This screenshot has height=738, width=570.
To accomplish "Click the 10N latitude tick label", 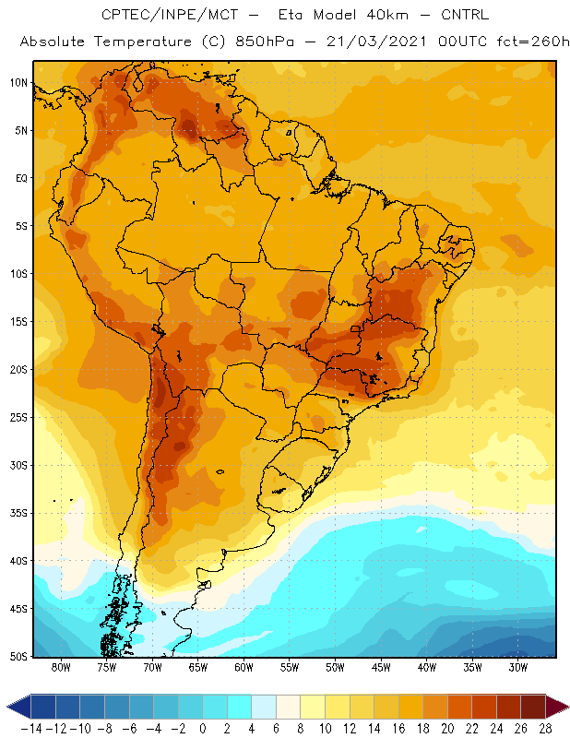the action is (x=18, y=83).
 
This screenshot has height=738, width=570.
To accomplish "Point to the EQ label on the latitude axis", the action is (x=21, y=178).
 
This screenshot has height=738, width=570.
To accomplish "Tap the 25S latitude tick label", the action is (x=18, y=418).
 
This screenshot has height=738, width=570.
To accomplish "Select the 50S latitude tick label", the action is (x=18, y=656).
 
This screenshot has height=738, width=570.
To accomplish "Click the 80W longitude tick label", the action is (x=61, y=667).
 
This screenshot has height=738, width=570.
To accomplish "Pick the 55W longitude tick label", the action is (x=290, y=667).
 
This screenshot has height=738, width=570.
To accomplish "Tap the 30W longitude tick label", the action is (x=518, y=667).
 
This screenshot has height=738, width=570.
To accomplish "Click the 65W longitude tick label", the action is (x=198, y=667).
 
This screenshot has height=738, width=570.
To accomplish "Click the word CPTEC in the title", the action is (x=122, y=15).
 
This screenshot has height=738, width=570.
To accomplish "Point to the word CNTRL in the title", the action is (x=465, y=15).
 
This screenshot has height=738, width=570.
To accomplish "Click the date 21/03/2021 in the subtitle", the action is (x=376, y=42).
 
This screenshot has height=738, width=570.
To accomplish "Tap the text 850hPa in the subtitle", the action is (x=265, y=42).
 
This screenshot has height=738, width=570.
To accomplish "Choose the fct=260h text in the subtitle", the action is (x=533, y=42).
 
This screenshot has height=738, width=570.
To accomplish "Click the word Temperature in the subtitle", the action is (x=143, y=42).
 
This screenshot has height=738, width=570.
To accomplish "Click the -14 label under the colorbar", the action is (x=31, y=729).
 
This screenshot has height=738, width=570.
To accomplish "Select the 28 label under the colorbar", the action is (x=545, y=729).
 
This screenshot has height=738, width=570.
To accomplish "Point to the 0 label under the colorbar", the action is (x=203, y=729).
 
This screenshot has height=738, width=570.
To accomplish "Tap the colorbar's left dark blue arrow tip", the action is (x=7, y=707).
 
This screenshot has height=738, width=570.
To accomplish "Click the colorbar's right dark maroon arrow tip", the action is (x=568, y=707).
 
